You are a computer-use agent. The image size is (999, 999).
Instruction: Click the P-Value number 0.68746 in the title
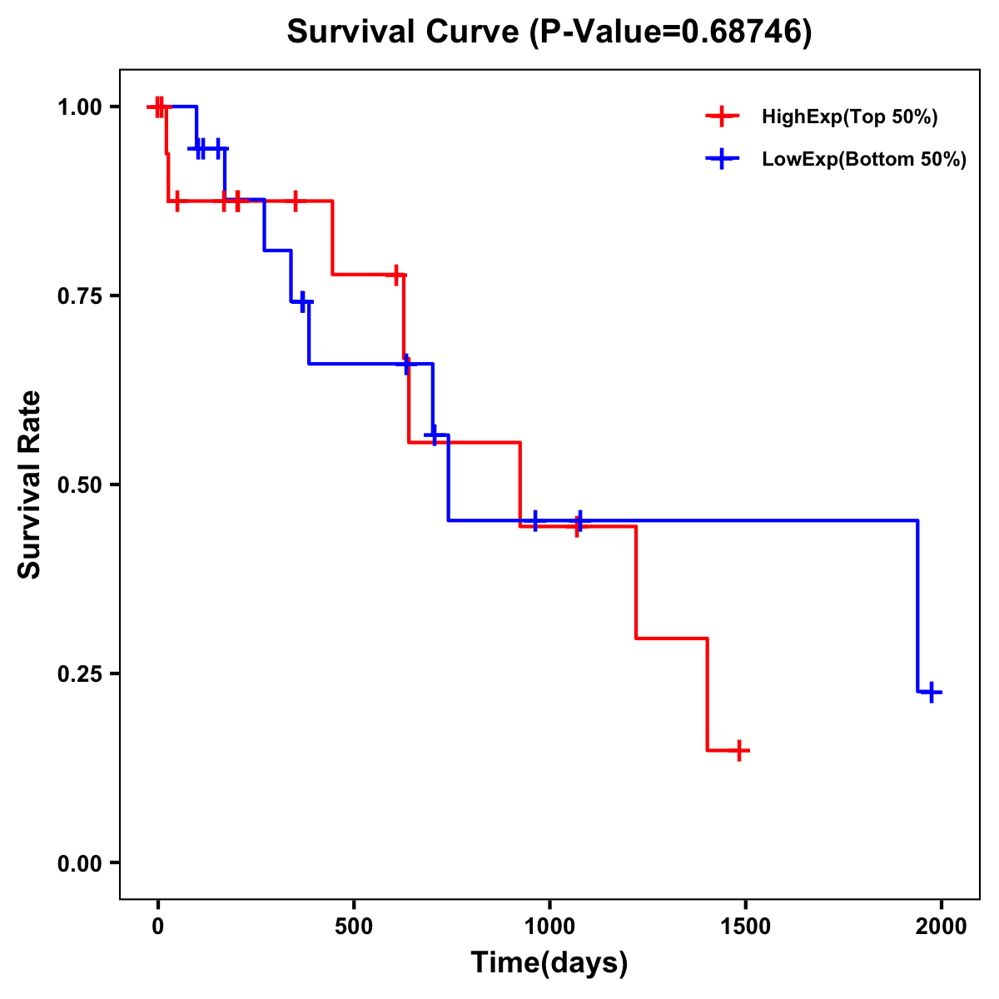coord(741,32)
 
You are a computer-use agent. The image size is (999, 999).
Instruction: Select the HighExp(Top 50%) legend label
coord(849,117)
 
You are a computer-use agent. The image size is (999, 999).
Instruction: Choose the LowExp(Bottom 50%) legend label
coord(864,160)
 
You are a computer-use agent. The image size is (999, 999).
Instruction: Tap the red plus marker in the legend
coord(723,117)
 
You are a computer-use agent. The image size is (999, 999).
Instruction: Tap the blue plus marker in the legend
coord(723,159)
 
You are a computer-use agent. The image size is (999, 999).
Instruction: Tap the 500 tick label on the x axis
coord(354,927)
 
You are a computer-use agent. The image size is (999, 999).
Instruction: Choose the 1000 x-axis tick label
coord(549,927)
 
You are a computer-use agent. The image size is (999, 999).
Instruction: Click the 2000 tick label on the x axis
coord(942,927)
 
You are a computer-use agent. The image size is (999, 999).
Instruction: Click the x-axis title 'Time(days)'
coord(549,963)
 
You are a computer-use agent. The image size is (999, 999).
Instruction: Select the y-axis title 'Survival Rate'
coord(30,485)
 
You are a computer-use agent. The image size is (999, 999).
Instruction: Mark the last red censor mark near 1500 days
coord(738,750)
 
